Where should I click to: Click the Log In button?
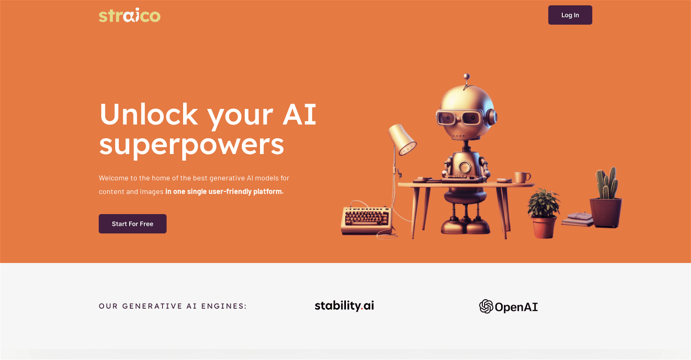point(570,15)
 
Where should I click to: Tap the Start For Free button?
point(133,224)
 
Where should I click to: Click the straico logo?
point(130,16)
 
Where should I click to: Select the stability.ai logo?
point(344,306)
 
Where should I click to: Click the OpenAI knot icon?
point(486,306)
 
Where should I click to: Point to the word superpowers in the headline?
point(192,145)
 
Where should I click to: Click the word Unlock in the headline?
point(149,114)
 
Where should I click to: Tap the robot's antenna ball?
point(467,76)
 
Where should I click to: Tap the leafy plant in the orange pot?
point(543,213)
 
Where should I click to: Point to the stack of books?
point(577,219)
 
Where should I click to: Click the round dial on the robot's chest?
point(464,167)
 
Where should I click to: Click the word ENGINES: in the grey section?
point(224,306)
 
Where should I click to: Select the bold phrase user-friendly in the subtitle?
point(230,191)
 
